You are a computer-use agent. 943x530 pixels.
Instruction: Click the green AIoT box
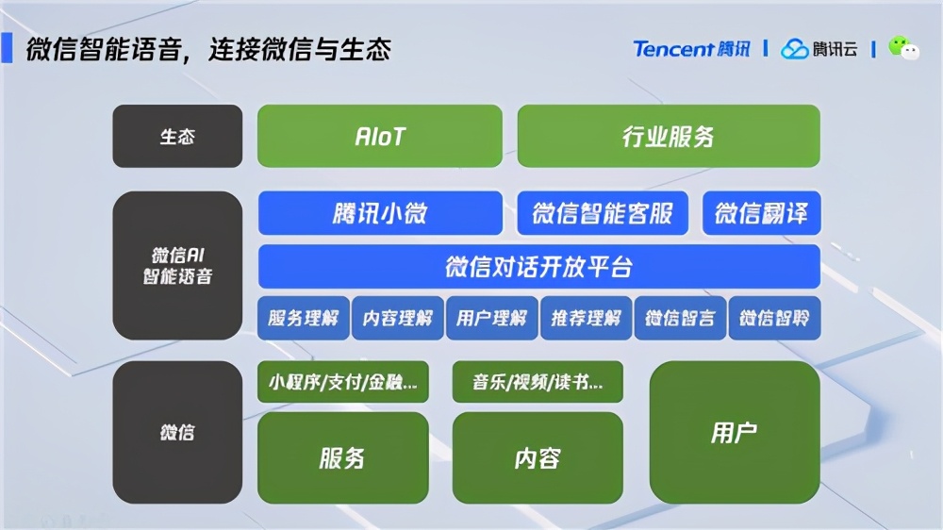point(379,136)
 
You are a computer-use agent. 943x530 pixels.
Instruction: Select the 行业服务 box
point(669,136)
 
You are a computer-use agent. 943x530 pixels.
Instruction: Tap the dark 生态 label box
point(177,136)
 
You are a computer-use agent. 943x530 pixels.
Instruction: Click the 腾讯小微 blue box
point(380,213)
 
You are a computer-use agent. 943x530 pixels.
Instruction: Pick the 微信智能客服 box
point(603,213)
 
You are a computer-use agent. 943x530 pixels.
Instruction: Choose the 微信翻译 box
point(761,213)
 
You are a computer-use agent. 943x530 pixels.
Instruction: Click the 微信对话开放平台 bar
point(539,267)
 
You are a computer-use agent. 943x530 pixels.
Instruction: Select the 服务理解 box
point(304,318)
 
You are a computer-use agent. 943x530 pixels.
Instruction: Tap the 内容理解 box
point(398,318)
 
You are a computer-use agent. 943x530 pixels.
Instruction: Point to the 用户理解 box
point(492,318)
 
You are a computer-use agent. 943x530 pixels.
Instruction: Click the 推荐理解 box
point(587,318)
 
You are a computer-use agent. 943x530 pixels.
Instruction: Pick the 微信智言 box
point(680,318)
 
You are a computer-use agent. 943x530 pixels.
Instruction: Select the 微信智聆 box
point(774,318)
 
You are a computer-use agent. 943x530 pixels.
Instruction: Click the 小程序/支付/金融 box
point(343,381)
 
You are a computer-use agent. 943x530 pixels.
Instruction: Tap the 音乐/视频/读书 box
point(538,381)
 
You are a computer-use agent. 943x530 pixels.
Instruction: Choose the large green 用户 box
point(735,432)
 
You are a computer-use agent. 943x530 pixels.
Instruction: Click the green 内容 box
point(538,457)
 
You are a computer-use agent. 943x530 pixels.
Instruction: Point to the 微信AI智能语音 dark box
point(177,265)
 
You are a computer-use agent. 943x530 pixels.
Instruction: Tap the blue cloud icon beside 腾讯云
point(794,49)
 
